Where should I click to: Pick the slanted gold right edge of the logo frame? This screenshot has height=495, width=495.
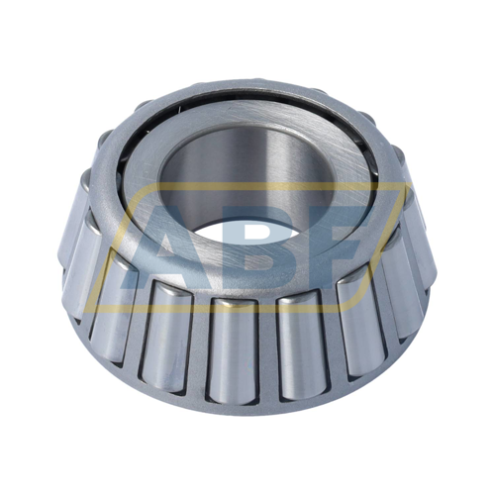pyautogui.click(x=383, y=247)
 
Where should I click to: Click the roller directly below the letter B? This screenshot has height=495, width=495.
pyautogui.click(x=234, y=350)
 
